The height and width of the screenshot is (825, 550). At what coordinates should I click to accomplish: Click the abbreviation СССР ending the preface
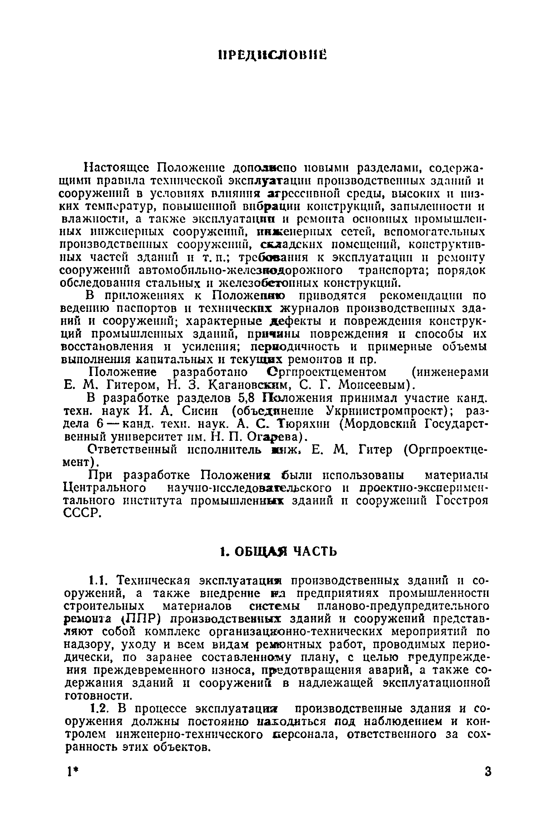click(79, 513)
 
